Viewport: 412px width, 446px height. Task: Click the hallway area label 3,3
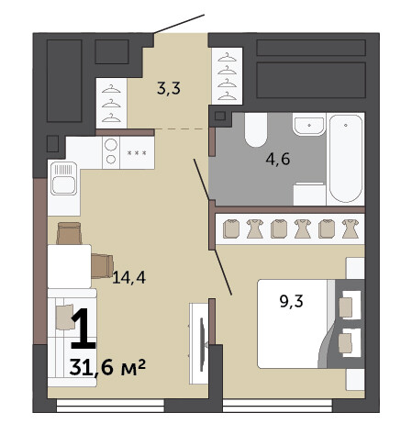[169, 88]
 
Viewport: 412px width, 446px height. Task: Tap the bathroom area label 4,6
[278, 159]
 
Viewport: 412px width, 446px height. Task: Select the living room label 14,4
[128, 277]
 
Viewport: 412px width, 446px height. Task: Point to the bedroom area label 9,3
[291, 301]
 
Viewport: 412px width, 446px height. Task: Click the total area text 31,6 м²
[107, 367]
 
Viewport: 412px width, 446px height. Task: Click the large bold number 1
[84, 329]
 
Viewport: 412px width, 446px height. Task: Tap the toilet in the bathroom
[256, 129]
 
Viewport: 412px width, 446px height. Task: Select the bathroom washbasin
[308, 124]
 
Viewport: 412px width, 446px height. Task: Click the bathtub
[346, 159]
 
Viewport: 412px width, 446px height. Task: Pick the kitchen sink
[63, 178]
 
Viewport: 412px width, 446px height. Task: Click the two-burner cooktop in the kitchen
[111, 152]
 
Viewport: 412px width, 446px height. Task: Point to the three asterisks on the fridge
[137, 152]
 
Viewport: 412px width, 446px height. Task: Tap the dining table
[70, 266]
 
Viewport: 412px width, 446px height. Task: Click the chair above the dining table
[69, 233]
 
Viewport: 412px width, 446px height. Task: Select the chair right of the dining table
[103, 266]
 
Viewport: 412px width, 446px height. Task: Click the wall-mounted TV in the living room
[202, 344]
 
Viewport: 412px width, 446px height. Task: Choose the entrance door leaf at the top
[179, 24]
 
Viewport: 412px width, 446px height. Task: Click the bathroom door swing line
[202, 180]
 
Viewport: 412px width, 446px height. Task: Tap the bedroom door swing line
[223, 273]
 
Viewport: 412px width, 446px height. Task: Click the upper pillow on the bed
[346, 307]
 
